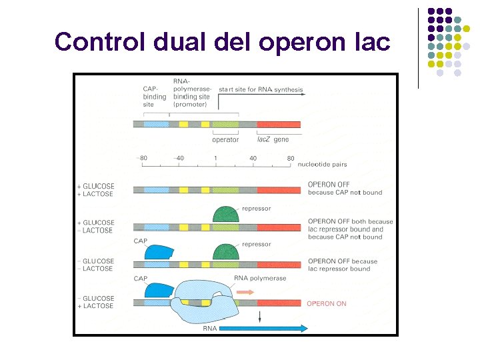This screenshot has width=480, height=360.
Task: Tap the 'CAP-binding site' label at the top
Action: pos(155,97)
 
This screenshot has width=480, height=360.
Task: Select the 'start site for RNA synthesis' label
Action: pos(261,89)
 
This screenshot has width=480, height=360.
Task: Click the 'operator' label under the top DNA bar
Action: pos(225,140)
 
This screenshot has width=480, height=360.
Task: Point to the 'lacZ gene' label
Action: pos(273,140)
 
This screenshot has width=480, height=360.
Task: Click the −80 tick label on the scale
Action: pos(142,158)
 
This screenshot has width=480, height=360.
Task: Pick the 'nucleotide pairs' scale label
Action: pos(322,164)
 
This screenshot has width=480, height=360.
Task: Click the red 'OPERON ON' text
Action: pos(326,303)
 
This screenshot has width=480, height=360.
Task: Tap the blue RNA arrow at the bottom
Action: pos(263,328)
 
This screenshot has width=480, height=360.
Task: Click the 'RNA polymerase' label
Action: pos(261,278)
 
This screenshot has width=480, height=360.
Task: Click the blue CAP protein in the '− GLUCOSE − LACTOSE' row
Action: pos(159,252)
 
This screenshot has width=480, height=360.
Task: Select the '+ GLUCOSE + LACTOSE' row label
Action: pos(96,190)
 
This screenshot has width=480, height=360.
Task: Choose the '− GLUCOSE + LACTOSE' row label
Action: pos(96,302)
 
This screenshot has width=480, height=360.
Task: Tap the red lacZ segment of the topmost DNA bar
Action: pos(279,125)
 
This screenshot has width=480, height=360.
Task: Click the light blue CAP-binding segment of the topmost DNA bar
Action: pos(157,125)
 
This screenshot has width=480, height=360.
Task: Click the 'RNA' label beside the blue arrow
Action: pos(210,328)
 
